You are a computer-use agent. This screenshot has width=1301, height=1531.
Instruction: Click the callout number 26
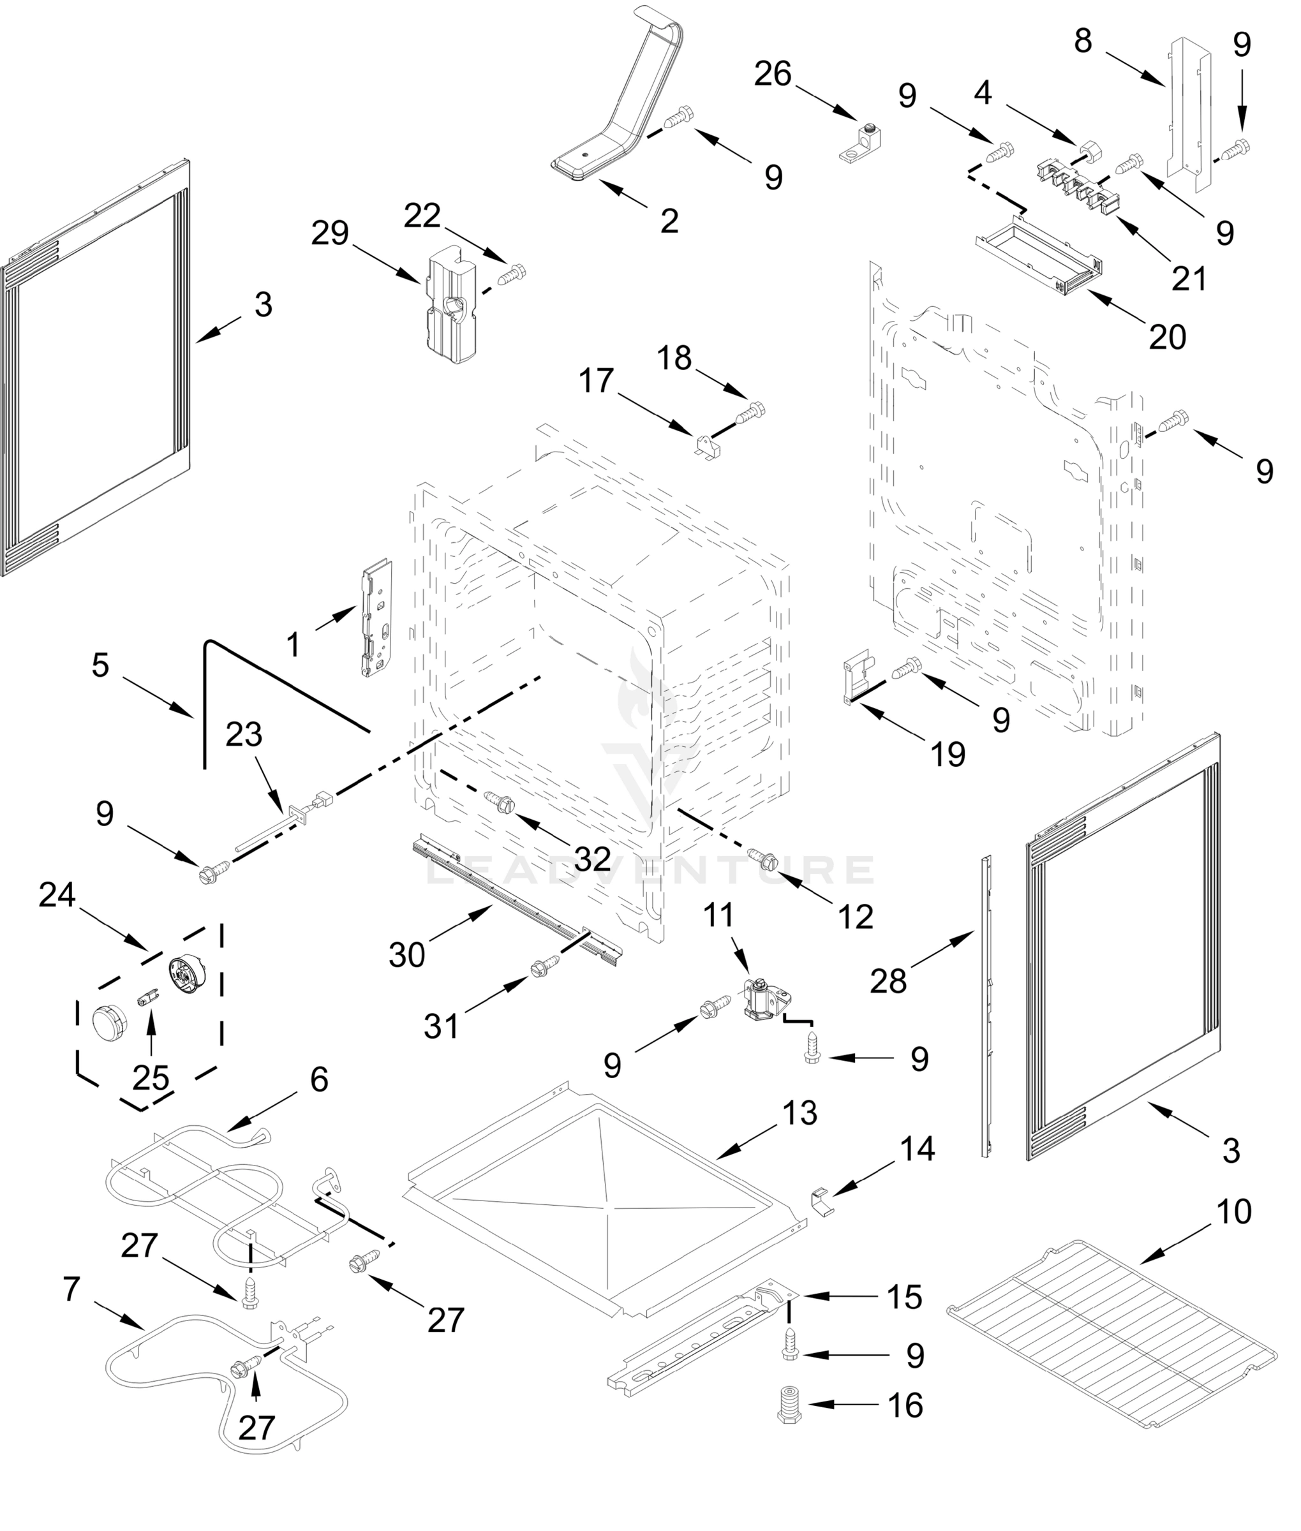coord(773,75)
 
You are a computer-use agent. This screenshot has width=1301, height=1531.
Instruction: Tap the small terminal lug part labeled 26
coord(861,145)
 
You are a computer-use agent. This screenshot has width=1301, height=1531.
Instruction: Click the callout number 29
coord(330,233)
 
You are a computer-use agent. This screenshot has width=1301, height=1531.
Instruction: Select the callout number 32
coord(592,859)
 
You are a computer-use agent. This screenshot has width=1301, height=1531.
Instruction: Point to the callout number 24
coord(57,895)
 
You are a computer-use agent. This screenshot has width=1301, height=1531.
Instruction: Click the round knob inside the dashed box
coord(109,1024)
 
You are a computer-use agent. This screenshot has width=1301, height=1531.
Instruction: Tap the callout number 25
coord(151,1079)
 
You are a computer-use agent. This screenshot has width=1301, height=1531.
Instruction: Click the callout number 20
coord(1168,337)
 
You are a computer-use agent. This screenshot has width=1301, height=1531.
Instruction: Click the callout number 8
coord(1083,42)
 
